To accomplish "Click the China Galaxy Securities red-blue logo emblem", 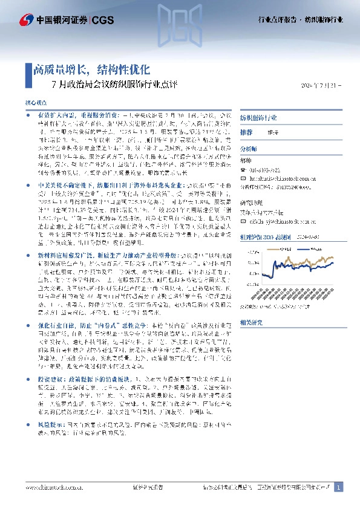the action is click(25, 20).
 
